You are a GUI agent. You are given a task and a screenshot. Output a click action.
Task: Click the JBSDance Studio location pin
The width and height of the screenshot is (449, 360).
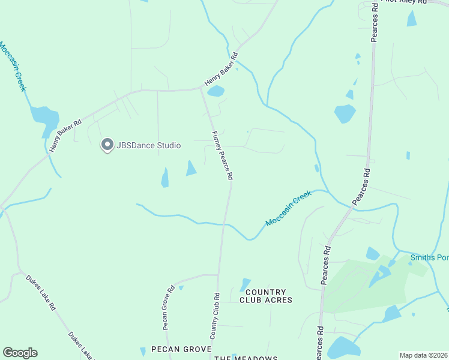pos(107,144)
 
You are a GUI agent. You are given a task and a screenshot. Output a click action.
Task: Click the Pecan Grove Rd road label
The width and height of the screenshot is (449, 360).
pos(168,307)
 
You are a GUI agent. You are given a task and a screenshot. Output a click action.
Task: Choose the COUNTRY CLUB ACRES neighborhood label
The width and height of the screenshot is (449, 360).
pos(266,296)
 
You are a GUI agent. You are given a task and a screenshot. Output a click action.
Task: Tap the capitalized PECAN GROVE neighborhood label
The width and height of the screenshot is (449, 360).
pos(181,349)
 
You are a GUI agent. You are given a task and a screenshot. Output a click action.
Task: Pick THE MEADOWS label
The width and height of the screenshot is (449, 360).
pos(246,358)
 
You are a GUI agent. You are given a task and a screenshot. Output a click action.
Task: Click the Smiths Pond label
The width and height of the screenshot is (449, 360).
pos(429,258)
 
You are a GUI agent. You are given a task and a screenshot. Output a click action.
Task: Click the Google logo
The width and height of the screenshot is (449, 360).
pos(20,353)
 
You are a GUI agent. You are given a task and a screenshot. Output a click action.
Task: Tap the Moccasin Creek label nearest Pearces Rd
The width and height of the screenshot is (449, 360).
pos(289,209)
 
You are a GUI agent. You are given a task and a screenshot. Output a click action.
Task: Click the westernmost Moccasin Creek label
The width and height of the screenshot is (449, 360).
pos(13,67)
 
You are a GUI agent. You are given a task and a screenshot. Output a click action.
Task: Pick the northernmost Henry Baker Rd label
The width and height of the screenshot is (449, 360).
pos(221,69)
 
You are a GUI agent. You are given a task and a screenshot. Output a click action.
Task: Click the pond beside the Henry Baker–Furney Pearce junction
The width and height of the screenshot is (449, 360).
pos(215,92)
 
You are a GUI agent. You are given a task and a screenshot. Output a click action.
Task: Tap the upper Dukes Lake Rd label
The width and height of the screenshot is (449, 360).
pos(40,293)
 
